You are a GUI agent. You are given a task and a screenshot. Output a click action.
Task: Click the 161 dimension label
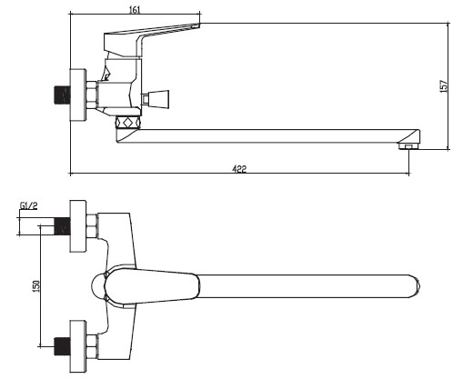[x=135, y=10]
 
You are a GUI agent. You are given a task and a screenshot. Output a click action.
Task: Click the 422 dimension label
[x=239, y=168]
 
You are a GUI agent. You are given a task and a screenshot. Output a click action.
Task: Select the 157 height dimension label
[x=443, y=86]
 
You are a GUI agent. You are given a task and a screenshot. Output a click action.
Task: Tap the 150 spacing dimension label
[x=36, y=286]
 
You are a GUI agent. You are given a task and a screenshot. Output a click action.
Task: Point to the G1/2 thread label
[x=29, y=205]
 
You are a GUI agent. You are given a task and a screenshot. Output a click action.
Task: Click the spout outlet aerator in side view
[x=409, y=146]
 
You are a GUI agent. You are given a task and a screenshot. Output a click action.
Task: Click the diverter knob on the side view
[x=155, y=99]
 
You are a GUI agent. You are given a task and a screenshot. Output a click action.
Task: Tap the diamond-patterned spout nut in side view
[x=128, y=123]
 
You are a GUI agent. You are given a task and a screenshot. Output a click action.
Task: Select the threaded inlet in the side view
[x=62, y=95]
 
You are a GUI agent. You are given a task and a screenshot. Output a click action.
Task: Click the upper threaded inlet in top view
[x=62, y=226]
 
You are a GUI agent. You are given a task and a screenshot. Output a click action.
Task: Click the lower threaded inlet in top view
[x=62, y=346]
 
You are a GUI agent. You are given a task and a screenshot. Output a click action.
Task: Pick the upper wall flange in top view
[x=78, y=226]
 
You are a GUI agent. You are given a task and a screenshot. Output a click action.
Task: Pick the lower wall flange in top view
[x=78, y=346]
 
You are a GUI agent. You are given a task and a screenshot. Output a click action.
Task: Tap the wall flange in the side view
[x=78, y=95]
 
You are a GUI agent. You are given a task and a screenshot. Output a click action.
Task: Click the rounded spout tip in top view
[x=417, y=286]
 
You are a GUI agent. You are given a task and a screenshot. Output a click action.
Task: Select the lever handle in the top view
[x=152, y=286]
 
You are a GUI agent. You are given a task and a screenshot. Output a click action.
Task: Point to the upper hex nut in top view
[x=92, y=226]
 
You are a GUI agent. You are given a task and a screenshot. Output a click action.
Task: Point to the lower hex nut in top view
[x=92, y=346]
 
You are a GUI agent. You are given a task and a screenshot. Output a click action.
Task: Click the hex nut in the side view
[x=92, y=95]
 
